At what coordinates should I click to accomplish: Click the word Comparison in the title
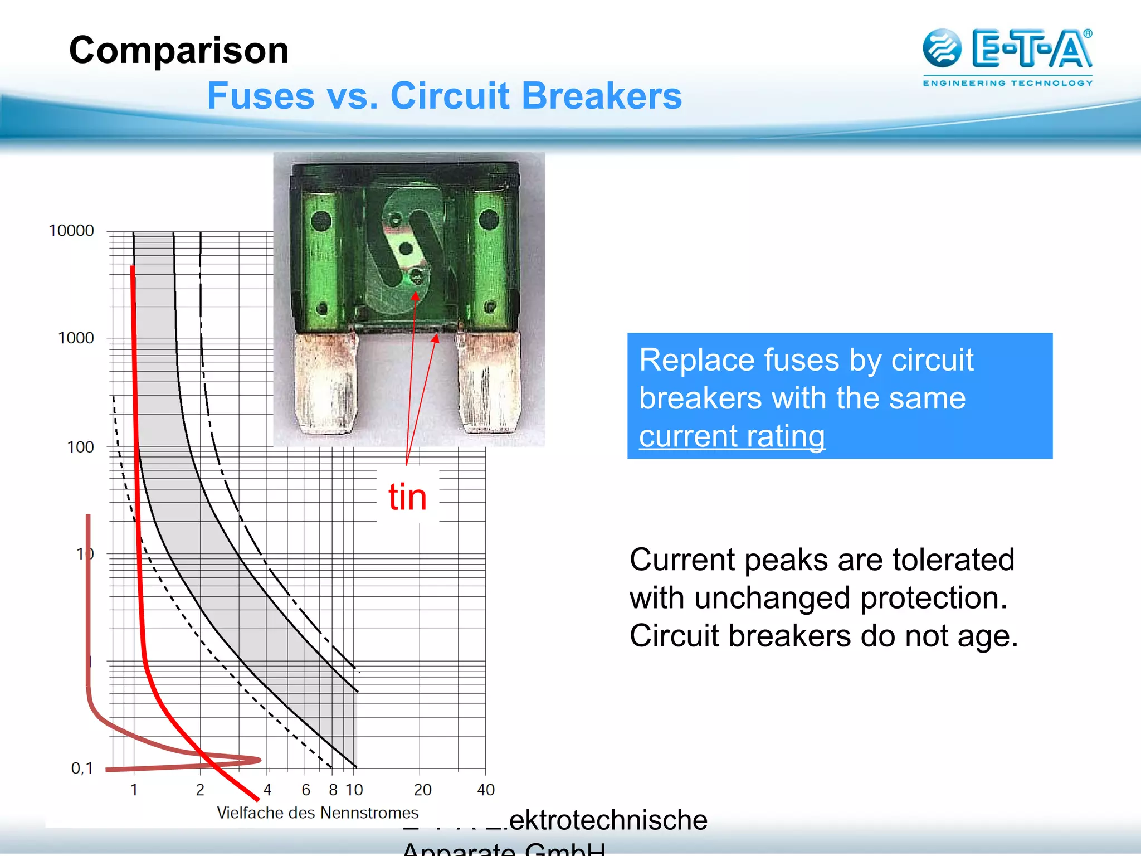click(x=179, y=51)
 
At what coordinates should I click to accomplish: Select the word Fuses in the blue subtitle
click(x=261, y=96)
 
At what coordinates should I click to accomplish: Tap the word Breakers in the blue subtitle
click(x=602, y=96)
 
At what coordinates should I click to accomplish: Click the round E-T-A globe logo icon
click(x=942, y=48)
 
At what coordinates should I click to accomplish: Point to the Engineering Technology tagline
click(x=1007, y=83)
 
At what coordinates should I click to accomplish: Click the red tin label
click(x=407, y=497)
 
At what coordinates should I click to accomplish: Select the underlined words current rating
click(x=732, y=436)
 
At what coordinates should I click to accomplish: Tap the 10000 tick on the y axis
click(x=71, y=231)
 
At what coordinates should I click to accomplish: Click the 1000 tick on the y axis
click(x=76, y=338)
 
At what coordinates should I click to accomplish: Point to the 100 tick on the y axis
click(x=80, y=447)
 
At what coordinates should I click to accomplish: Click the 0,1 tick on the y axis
click(x=82, y=769)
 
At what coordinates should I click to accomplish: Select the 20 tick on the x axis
click(x=422, y=790)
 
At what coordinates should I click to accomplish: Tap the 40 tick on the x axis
click(x=485, y=790)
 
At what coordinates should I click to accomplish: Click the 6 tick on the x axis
click(x=306, y=790)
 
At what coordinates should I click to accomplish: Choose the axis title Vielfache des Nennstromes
click(x=317, y=813)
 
